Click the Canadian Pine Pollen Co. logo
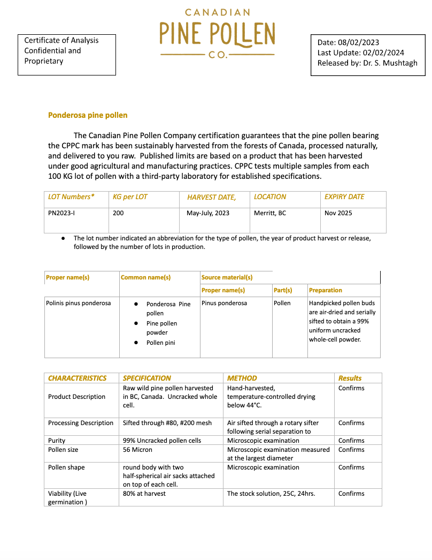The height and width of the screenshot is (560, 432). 218,33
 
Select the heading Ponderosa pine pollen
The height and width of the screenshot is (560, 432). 88,115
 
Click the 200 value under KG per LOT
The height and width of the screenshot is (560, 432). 118,213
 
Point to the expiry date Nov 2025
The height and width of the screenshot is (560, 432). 338,213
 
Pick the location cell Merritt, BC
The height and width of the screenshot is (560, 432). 270,213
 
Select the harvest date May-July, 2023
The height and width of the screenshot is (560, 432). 208,213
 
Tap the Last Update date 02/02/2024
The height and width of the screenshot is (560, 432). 382,52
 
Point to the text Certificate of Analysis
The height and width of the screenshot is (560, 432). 61,40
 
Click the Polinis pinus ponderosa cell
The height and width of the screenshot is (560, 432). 79,303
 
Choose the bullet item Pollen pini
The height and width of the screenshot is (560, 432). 161,343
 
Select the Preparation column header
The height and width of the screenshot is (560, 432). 326,290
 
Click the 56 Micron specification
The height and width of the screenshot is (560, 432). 137,450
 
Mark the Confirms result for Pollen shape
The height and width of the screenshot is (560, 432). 351,467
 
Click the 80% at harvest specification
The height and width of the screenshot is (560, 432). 144,494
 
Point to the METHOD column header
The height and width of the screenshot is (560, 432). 242,378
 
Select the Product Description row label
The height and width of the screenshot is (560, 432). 76,397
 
